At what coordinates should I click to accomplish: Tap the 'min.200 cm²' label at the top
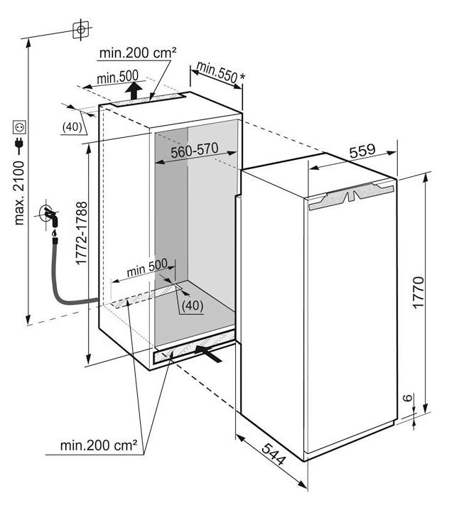coord(138,53)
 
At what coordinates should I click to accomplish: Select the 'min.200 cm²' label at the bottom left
coord(98,445)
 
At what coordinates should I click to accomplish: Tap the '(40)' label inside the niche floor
coord(192,306)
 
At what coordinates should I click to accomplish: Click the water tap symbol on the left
coord(50,216)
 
